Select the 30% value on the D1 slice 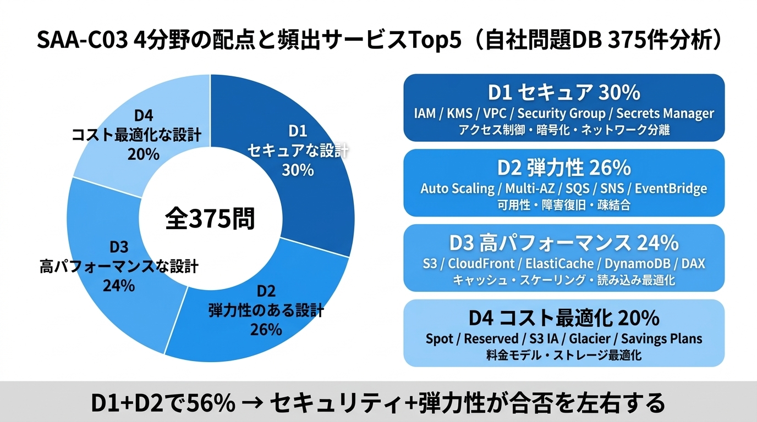[298, 170]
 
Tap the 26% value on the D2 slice [266, 329]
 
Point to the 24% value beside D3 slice [118, 285]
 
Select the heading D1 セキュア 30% [564, 92]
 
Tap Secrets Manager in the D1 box [665, 114]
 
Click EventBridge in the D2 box [671, 188]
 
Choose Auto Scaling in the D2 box [457, 188]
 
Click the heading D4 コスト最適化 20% [564, 318]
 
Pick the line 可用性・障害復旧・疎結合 [564, 206]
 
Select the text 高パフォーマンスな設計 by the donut [119, 267]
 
